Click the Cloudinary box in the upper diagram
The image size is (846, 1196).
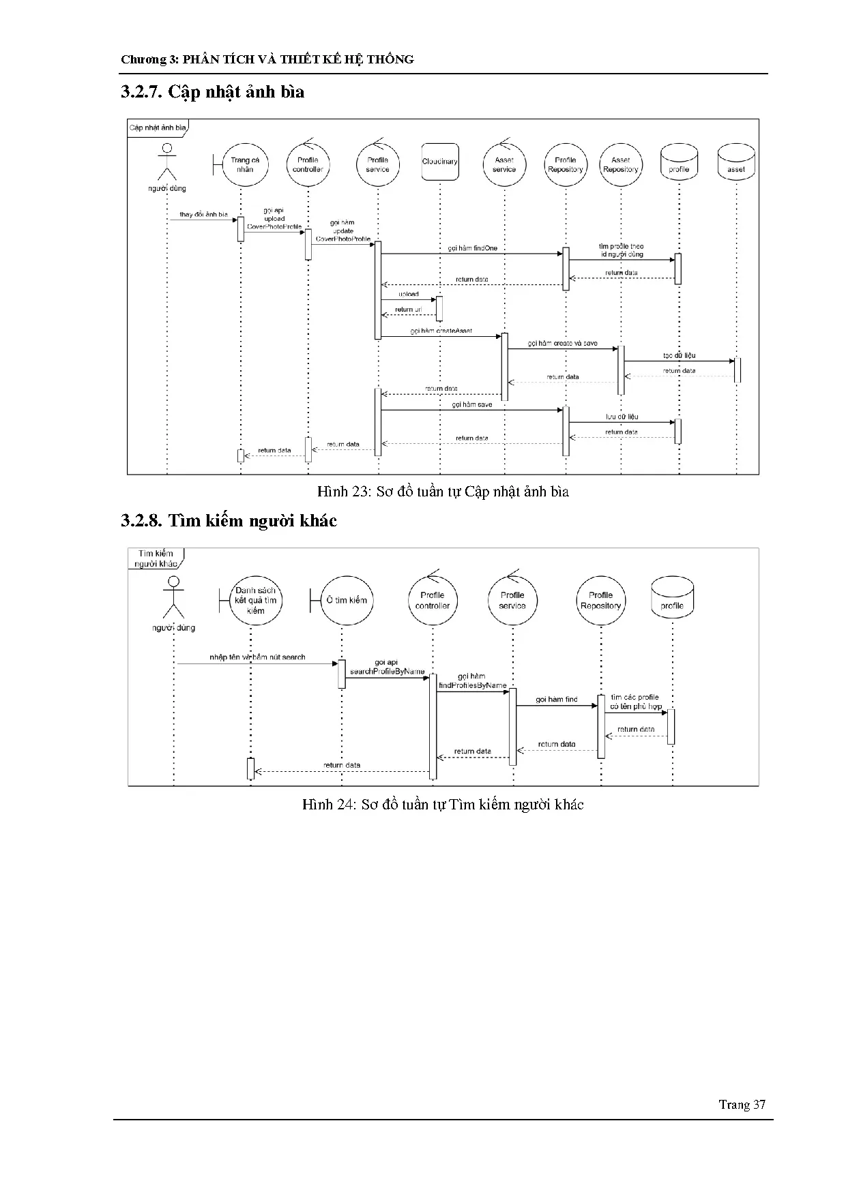[439, 162]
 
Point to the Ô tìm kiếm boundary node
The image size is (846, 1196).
[345, 600]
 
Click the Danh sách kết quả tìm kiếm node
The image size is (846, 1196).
[254, 600]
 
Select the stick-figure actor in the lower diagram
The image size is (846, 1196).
[173, 597]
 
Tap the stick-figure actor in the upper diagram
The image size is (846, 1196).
[166, 162]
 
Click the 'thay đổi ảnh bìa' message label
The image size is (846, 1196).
[203, 214]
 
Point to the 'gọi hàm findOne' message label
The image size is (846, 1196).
[473, 248]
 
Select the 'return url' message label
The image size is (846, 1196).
[408, 310]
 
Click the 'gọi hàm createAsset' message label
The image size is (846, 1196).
[441, 331]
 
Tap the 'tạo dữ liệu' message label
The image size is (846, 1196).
[679, 356]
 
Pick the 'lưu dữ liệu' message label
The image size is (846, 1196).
[622, 417]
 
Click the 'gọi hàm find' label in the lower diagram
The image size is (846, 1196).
[556, 700]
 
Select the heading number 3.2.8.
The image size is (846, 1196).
[141, 521]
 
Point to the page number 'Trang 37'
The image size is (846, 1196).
[742, 1105]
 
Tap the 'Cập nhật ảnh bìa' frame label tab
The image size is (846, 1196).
[158, 128]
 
